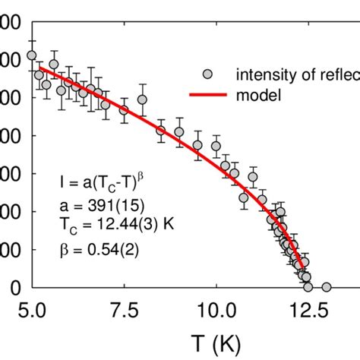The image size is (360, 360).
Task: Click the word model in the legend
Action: (x=258, y=95)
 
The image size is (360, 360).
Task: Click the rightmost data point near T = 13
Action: (x=327, y=287)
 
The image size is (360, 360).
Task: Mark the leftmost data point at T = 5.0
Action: (x=31, y=55)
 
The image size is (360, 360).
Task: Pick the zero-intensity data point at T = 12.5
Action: (x=308, y=287)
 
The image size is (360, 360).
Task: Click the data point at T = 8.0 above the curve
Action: (x=142, y=99)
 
